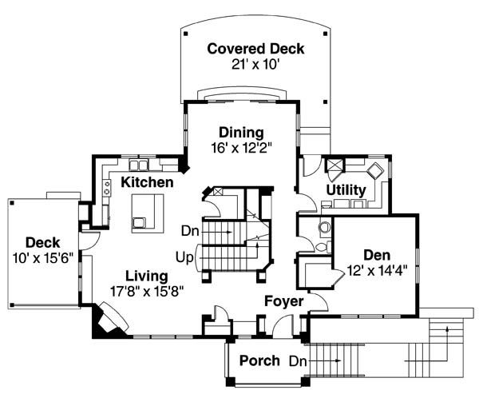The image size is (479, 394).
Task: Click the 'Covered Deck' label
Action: [255, 49]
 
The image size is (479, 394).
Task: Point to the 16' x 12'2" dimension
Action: [242, 147]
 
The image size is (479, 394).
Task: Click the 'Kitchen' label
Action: [147, 183]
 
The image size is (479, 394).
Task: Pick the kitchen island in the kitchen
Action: [145, 212]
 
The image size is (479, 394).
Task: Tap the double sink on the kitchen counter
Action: [141, 165]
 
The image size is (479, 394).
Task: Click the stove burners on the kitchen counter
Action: [106, 188]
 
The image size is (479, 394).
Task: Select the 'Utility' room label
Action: [346, 190]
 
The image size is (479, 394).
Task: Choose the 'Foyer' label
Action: [284, 301]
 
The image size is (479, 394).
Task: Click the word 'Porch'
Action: [259, 360]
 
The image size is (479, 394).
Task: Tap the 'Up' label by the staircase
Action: [184, 257]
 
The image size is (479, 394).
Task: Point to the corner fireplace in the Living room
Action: [105, 320]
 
